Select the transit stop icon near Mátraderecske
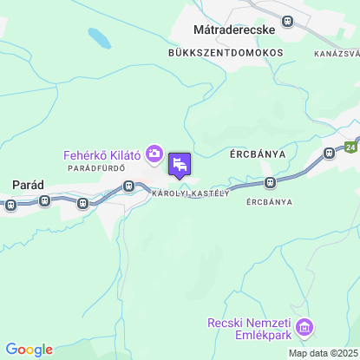tap(288, 21)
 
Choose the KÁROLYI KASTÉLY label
tap(190, 193)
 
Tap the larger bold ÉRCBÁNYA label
tap(258, 154)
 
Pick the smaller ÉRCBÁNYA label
tap(269, 201)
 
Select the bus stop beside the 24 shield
tap(330, 153)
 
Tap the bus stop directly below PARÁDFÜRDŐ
tap(128, 186)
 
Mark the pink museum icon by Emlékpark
tap(304, 328)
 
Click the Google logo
tap(29, 350)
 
